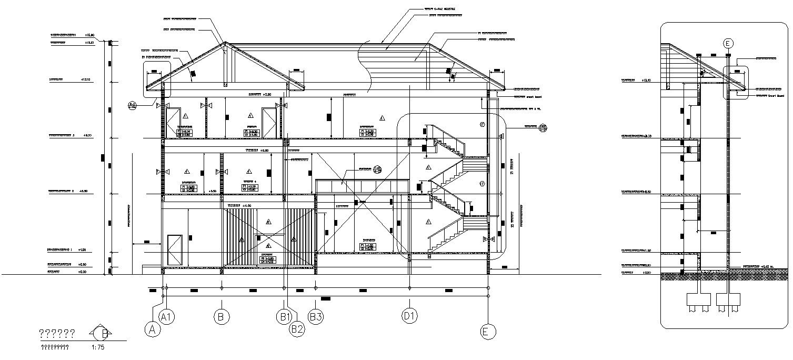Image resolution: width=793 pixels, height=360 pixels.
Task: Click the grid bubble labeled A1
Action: pyautogui.click(x=167, y=317)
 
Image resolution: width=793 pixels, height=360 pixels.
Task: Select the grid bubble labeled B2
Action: pyautogui.click(x=297, y=329)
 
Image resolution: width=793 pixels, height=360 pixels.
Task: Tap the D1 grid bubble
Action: pyautogui.click(x=409, y=317)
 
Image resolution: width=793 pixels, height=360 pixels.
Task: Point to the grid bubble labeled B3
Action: pyautogui.click(x=315, y=317)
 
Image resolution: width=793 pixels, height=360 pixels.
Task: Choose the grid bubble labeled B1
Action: pyautogui.click(x=284, y=317)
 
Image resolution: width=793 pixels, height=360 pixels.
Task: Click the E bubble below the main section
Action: pyautogui.click(x=488, y=331)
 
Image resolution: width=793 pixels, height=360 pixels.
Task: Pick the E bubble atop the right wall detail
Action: pyautogui.click(x=728, y=44)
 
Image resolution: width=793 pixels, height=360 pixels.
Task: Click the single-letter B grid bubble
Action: pyautogui.click(x=222, y=317)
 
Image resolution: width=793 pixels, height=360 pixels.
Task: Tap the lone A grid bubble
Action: pyautogui.click(x=153, y=329)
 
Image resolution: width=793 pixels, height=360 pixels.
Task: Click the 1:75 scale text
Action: pyautogui.click(x=97, y=347)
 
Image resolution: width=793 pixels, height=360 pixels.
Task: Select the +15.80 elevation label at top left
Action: pyautogui.click(x=89, y=35)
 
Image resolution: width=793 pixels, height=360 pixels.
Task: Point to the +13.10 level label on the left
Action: pyautogui.click(x=86, y=80)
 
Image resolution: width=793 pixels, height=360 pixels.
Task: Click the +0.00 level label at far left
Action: pyautogui.click(x=82, y=272)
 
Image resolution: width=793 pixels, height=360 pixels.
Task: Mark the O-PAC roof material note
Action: pyautogui.click(x=439, y=9)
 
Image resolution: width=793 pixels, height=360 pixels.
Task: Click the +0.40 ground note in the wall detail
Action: pyautogui.click(x=758, y=267)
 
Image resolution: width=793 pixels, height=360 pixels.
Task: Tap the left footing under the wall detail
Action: pyautogui.click(x=698, y=300)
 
